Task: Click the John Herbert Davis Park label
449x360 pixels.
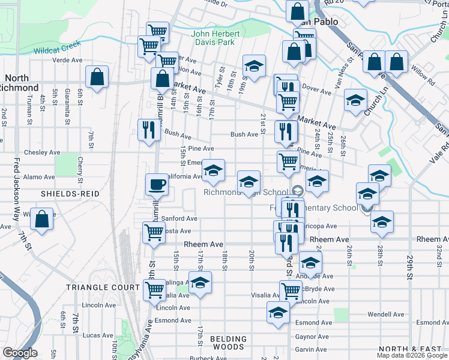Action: (215, 38)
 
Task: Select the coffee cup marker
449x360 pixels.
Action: (157, 184)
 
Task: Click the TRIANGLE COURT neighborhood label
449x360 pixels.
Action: (103, 287)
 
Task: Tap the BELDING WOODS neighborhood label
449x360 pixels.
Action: (228, 343)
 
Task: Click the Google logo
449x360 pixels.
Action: (20, 353)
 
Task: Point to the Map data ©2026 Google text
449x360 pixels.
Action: (412, 355)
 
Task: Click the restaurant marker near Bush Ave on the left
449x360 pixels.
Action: (148, 130)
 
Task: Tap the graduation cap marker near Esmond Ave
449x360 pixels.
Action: (277, 312)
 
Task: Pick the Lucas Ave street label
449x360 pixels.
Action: (98, 335)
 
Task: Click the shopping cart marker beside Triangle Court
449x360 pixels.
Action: (155, 289)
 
